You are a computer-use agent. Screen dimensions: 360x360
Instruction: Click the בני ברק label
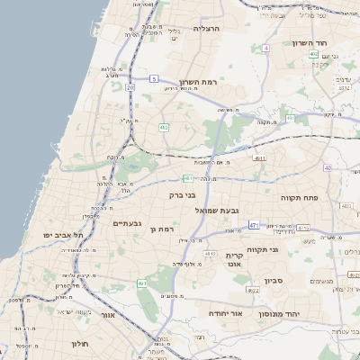(x=182, y=194)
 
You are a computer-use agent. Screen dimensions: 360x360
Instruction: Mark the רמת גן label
(x=161, y=229)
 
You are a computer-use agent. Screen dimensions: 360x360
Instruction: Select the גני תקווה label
(x=261, y=249)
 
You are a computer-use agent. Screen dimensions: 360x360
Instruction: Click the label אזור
(x=109, y=316)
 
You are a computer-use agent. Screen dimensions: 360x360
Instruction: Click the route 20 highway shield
(x=130, y=87)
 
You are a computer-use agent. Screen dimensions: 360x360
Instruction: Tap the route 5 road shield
(x=154, y=79)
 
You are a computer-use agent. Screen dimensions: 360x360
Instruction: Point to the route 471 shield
(x=255, y=225)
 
